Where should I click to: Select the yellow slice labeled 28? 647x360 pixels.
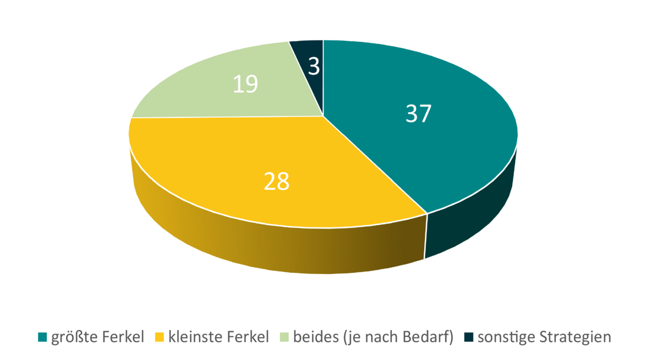pyautogui.click(x=243, y=162)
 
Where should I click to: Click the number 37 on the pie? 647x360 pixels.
pyautogui.click(x=418, y=114)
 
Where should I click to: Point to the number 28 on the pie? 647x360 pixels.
pyautogui.click(x=277, y=182)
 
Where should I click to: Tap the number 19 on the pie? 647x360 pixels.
pyautogui.click(x=245, y=85)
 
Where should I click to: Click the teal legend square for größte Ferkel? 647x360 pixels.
pyautogui.click(x=42, y=338)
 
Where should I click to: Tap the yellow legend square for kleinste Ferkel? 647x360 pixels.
pyautogui.click(x=160, y=338)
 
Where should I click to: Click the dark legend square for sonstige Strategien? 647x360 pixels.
pyautogui.click(x=469, y=338)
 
